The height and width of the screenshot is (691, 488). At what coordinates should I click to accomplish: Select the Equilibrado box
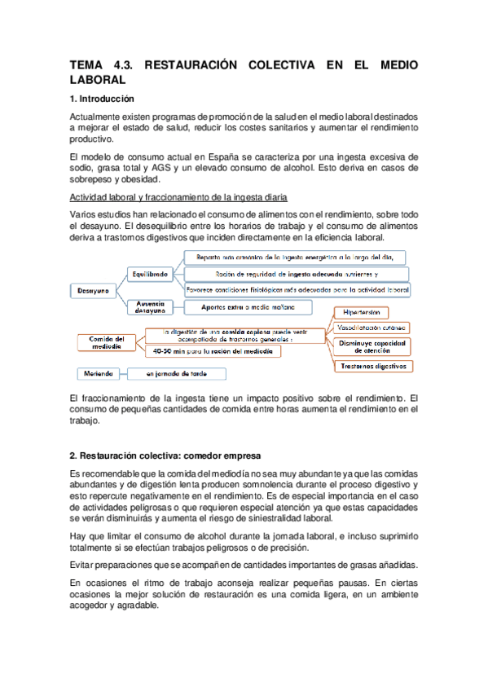point(152,275)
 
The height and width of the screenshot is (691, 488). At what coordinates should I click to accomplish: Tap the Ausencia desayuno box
point(152,306)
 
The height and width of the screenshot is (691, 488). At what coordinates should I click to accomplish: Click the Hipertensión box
point(361,312)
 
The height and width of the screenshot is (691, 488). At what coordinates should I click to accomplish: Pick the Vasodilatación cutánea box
point(372,328)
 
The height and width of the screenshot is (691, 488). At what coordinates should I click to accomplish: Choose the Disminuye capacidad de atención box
point(372,346)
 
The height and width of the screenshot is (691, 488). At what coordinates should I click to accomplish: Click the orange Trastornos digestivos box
point(372,367)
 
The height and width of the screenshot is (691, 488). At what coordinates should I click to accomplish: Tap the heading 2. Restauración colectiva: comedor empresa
point(165,454)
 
